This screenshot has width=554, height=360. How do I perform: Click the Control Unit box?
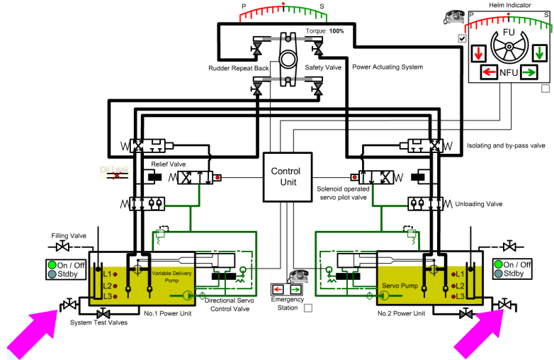point(286,176)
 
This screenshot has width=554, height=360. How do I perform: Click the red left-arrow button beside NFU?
point(489,72)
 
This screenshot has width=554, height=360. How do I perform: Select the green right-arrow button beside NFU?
point(528,72)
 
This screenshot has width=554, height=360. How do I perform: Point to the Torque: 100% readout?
point(325,31)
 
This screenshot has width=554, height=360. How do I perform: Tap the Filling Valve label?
point(69,235)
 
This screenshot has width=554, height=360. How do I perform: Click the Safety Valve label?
point(324,67)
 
